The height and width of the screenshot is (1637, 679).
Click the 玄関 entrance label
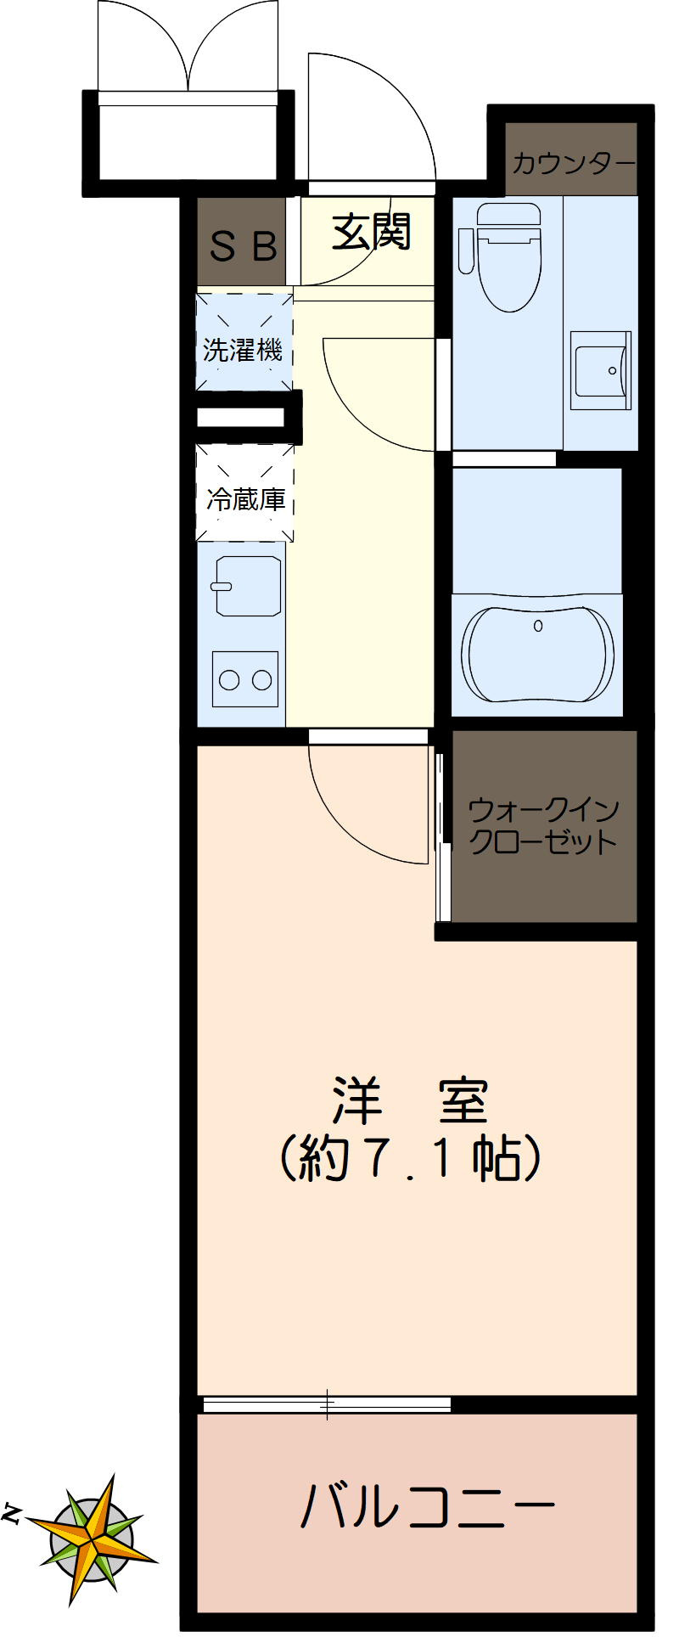pos(371,231)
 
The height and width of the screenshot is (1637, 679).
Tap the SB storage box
pos(243,246)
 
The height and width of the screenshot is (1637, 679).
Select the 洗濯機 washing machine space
pos(244,349)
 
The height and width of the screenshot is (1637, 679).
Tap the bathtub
pos(537,654)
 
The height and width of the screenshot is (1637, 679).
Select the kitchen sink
pos(247,585)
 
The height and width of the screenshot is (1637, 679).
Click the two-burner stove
pos(245,678)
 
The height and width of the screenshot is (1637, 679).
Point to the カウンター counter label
pos(572,162)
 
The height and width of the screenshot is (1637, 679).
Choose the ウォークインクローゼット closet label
pos(543,825)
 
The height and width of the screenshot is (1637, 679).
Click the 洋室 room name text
pos(410,1100)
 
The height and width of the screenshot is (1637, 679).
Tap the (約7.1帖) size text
pos(410,1156)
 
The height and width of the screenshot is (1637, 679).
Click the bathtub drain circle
pos(537,626)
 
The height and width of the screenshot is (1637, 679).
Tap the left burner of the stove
pos(229,679)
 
